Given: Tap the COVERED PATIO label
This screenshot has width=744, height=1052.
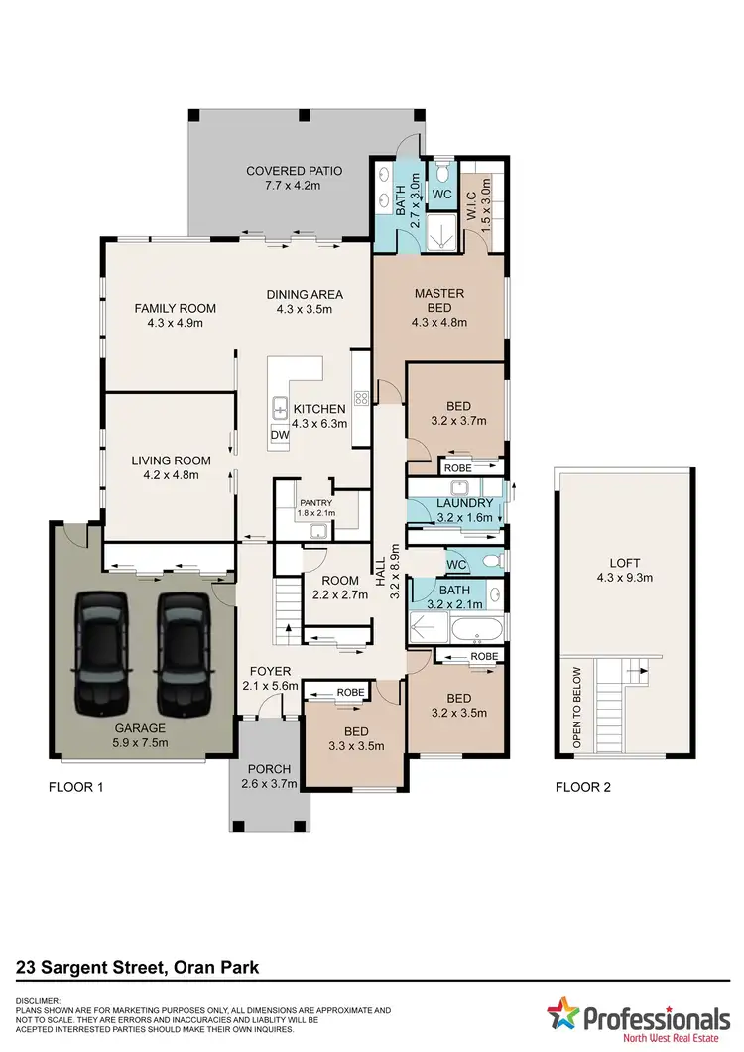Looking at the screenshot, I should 294,171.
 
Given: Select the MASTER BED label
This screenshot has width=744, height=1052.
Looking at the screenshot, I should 439,293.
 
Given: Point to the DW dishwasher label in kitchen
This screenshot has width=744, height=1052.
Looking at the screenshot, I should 281,436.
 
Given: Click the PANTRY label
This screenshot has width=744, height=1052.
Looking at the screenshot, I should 316,502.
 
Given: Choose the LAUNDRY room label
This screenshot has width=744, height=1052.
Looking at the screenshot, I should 456,503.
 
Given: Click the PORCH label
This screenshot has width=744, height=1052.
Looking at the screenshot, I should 264,771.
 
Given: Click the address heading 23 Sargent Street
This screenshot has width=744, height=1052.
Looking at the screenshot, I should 139,966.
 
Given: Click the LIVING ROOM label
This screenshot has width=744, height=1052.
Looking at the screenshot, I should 172,460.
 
